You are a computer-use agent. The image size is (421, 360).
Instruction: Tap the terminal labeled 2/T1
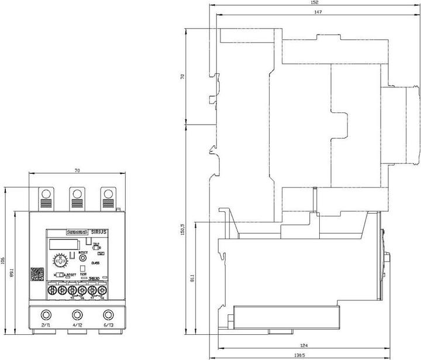[x=45, y=325]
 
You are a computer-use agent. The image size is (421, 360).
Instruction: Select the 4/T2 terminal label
[x=76, y=325]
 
